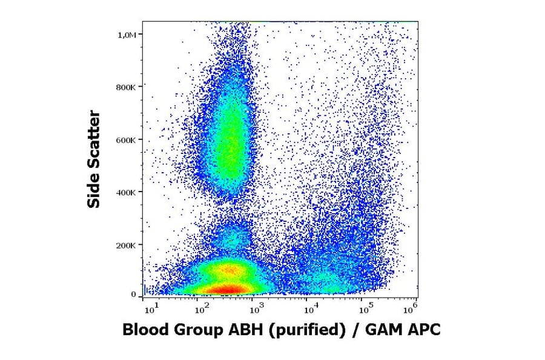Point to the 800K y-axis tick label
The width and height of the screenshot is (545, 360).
point(127,87)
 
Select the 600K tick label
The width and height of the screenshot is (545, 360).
point(127,139)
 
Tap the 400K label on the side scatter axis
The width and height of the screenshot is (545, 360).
point(127,192)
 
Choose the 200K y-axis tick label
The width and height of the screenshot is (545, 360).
point(127,245)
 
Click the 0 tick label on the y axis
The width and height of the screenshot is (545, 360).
point(134,295)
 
